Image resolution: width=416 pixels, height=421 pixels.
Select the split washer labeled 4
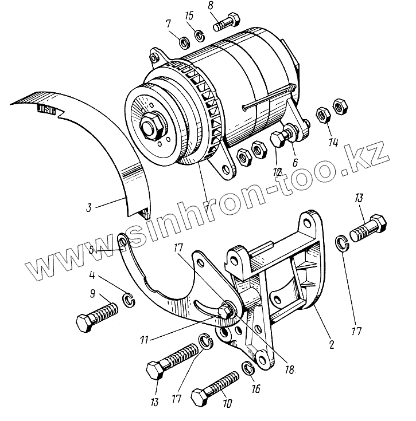tap(129, 298)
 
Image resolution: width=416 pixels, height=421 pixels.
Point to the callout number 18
tap(289, 370)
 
